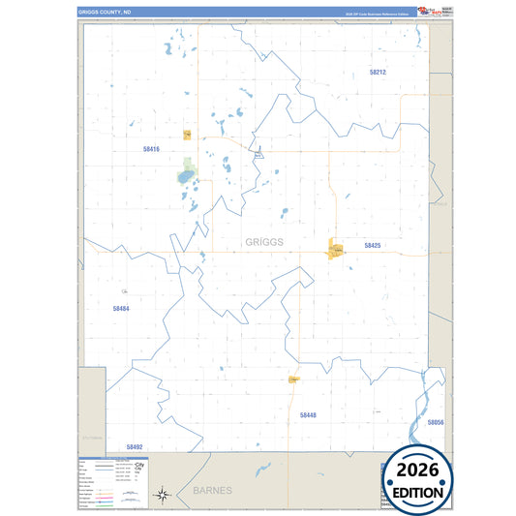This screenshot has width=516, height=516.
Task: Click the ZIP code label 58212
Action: point(377,73)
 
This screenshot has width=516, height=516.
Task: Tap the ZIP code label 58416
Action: point(150,149)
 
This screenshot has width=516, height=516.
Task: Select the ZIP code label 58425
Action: point(373,246)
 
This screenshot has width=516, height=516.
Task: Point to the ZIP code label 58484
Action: point(121,309)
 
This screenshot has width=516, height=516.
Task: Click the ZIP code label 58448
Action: point(308,414)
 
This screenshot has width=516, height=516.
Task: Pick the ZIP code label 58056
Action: point(435,422)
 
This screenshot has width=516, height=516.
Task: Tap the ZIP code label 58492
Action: point(135,446)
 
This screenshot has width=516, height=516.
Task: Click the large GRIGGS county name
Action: point(264,242)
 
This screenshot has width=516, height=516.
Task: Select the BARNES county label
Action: point(212,491)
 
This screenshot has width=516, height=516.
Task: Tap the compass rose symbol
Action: point(163,495)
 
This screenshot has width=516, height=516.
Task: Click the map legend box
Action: point(111,481)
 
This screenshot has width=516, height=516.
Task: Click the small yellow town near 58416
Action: point(187,135)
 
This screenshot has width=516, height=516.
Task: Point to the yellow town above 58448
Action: point(292,380)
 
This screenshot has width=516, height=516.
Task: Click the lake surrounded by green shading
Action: point(186,177)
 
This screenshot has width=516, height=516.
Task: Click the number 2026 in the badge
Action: point(420,471)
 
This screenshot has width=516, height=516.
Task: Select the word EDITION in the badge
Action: point(420,492)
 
